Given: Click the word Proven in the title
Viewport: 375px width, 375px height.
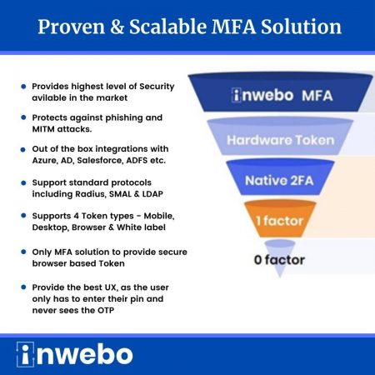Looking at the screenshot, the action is [x=72, y=27].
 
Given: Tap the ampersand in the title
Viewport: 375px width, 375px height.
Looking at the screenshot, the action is [x=117, y=27].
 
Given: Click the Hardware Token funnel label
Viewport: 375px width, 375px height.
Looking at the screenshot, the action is [x=280, y=140].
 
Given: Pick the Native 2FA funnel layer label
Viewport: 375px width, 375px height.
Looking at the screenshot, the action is [x=279, y=181].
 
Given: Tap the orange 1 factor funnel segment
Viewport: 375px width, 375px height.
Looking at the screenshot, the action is [x=280, y=219].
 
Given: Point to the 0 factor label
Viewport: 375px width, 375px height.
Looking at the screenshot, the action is [x=279, y=260].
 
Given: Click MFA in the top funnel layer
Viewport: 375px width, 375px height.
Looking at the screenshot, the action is [x=317, y=96].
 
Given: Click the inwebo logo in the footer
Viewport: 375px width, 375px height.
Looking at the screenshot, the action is [x=74, y=354].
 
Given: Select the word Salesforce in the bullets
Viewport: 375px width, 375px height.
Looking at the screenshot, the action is [x=100, y=161].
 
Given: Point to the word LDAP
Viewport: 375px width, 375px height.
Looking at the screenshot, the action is [x=152, y=194].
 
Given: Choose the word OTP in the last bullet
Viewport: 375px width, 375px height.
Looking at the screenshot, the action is [x=106, y=310].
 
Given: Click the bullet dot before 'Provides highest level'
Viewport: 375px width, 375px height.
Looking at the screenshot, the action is [x=23, y=87].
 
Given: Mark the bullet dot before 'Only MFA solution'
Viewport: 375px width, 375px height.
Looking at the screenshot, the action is [x=23, y=252].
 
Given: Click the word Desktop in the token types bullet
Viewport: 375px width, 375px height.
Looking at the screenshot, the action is [x=50, y=227].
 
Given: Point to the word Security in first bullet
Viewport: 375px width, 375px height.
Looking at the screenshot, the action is [x=157, y=87].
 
